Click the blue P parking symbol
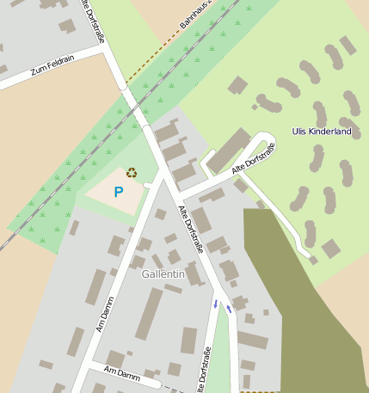[119, 192]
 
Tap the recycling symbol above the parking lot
[132, 172]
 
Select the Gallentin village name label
[163, 273]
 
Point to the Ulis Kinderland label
[322, 132]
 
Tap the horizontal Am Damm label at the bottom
[121, 372]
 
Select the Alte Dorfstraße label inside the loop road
[252, 160]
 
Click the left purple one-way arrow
[215, 304]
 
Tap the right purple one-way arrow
[229, 308]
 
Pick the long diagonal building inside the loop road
[229, 150]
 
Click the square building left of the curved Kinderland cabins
[237, 85]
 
